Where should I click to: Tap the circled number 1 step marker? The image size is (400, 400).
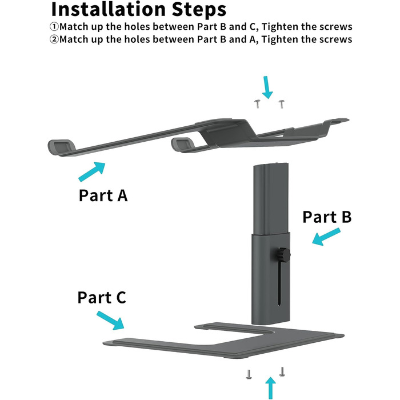click(55, 27)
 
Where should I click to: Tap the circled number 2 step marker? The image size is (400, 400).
click(55, 39)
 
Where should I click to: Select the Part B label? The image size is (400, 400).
click(326, 217)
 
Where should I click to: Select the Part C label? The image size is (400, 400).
click(102, 298)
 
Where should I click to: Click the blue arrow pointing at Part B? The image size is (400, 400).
click(326, 237)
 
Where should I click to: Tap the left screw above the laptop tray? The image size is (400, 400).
click(258, 103)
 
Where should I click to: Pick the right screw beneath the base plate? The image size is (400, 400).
click(282, 371)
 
